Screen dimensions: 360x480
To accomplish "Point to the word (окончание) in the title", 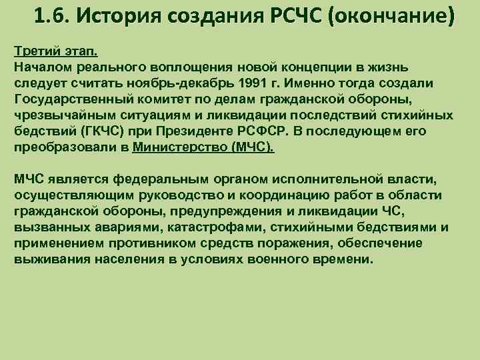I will [x=397, y=15].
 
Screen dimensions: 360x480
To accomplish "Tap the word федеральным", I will [x=162, y=179].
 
